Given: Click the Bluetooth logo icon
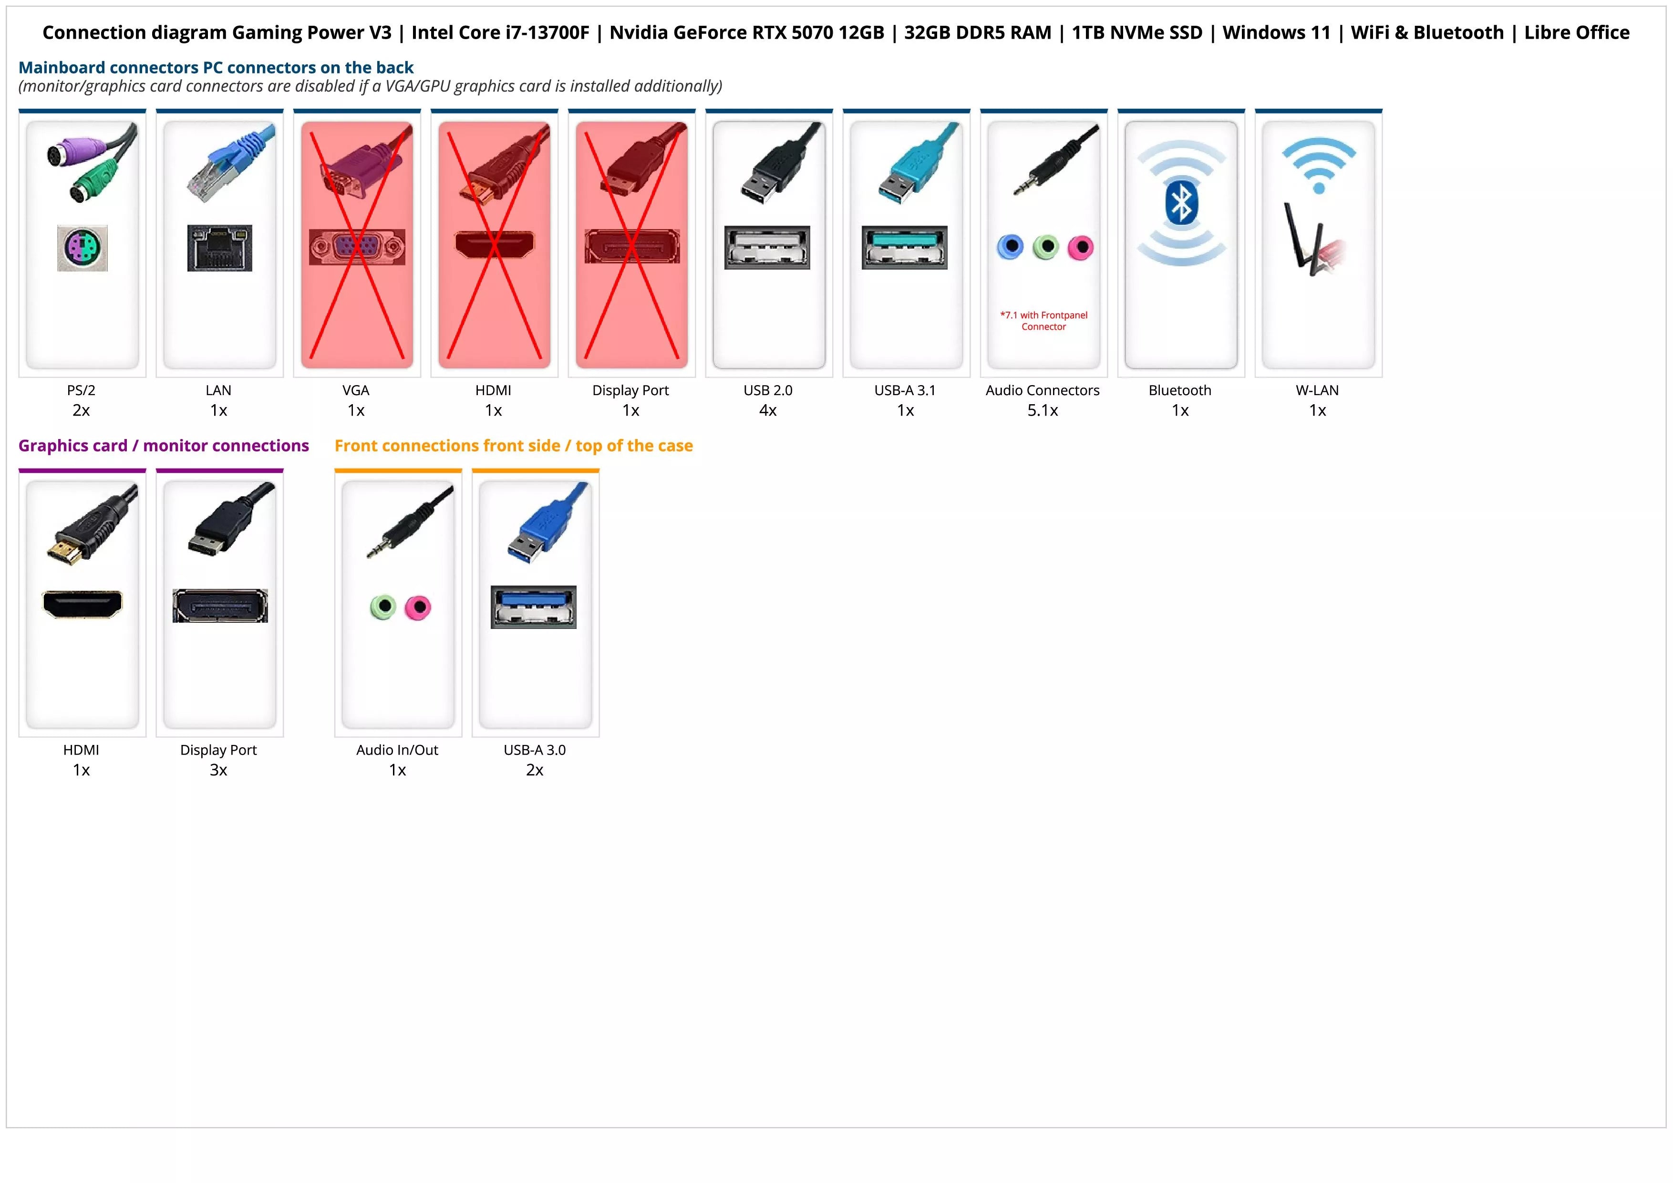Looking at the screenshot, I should point(1181,203).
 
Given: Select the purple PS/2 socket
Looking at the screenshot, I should point(83,248).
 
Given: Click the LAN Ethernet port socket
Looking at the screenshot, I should point(219,248).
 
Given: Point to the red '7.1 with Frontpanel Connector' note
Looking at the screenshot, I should point(1043,321).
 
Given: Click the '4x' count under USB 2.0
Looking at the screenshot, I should point(768,410).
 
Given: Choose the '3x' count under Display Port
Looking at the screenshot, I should point(218,770).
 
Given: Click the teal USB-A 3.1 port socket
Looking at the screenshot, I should point(904,247).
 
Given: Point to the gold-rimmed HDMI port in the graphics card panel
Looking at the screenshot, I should point(83,604).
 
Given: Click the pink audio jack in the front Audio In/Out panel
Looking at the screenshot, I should point(418,607).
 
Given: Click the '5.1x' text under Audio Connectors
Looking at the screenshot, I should point(1043,410).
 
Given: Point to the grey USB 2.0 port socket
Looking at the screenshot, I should point(766,247).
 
